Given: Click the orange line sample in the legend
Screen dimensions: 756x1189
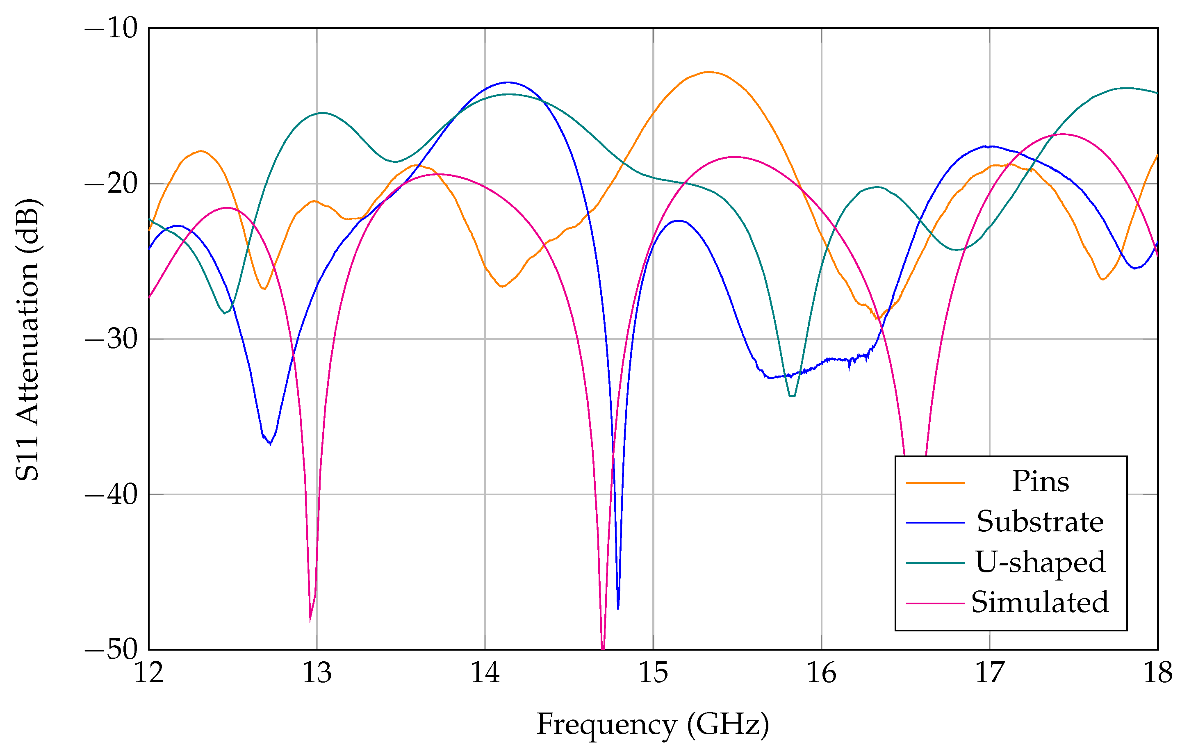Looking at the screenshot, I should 935,483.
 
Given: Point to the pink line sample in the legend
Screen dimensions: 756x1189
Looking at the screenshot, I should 935,603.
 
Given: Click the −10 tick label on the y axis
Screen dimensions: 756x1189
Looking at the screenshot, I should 111,28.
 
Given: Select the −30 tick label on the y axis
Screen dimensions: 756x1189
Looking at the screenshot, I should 111,339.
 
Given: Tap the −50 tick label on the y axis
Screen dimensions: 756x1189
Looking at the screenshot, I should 111,649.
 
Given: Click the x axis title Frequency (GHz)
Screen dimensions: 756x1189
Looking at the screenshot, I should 653,725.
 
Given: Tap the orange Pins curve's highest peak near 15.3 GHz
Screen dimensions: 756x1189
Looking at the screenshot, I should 708,72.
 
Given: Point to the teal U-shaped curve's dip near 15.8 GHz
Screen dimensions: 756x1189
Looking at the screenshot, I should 793,396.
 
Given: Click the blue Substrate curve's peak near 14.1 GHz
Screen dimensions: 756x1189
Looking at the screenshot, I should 508,82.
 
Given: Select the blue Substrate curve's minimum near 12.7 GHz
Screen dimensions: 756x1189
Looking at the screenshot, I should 270,444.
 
